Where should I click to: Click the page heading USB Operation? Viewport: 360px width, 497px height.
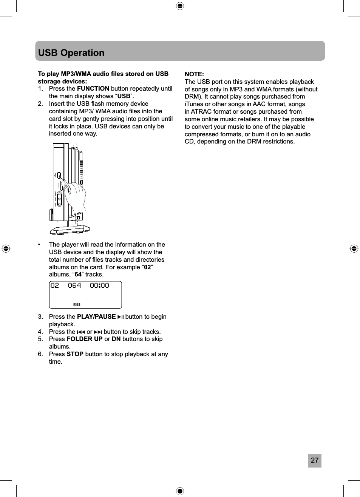(71, 52)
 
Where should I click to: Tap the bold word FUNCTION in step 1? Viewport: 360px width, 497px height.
(93, 89)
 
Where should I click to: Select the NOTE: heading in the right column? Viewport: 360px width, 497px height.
(194, 74)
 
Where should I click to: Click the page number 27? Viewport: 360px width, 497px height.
(314, 460)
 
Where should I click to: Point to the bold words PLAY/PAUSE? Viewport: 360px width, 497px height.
(96, 317)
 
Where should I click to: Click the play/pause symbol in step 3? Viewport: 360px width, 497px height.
(121, 317)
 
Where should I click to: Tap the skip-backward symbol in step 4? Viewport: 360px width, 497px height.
(81, 332)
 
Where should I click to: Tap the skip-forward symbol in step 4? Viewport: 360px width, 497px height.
(98, 332)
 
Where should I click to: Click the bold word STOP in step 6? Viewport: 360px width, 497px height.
(75, 354)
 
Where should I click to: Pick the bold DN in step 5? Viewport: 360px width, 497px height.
(116, 339)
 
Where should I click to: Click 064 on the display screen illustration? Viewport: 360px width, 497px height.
(74, 286)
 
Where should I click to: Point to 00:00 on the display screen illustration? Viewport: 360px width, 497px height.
(99, 286)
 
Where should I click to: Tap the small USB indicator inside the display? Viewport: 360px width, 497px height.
(77, 304)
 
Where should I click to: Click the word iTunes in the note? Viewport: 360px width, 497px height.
(194, 104)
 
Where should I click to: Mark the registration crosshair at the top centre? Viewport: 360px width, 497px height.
(180, 6)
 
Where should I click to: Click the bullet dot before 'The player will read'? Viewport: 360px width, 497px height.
(39, 245)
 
